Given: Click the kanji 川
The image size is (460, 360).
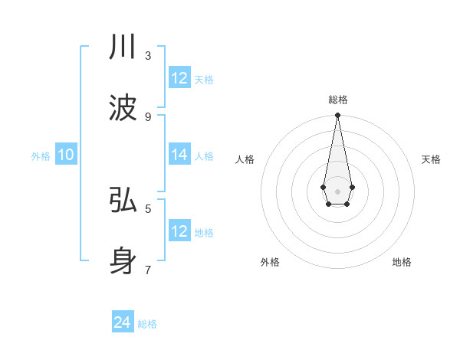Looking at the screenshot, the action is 123,47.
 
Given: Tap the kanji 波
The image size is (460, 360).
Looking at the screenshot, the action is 123,108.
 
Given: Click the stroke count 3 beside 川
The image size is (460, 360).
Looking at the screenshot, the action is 148,55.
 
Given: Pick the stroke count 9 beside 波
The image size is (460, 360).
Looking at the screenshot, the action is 148,116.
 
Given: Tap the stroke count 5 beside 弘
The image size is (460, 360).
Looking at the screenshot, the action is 148,208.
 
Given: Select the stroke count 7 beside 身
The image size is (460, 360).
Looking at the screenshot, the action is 148,269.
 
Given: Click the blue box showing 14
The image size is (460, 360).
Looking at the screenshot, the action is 179,155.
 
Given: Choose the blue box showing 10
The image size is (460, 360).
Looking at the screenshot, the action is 66,155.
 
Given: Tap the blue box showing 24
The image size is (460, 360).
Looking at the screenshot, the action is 123,322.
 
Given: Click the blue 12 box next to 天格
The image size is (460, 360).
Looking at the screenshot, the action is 179,77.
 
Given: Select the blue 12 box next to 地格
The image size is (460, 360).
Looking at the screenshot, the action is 179,231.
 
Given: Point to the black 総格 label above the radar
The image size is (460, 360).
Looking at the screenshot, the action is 337,100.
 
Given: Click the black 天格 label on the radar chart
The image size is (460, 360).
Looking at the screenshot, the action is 431,159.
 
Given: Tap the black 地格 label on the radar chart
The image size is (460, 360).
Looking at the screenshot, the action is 402,262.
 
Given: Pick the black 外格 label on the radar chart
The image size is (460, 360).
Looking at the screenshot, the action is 270,262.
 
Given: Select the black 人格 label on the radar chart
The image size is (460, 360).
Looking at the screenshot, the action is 245,159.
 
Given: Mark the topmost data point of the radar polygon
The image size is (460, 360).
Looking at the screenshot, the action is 337,116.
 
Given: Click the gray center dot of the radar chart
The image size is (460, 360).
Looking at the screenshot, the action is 337,191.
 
